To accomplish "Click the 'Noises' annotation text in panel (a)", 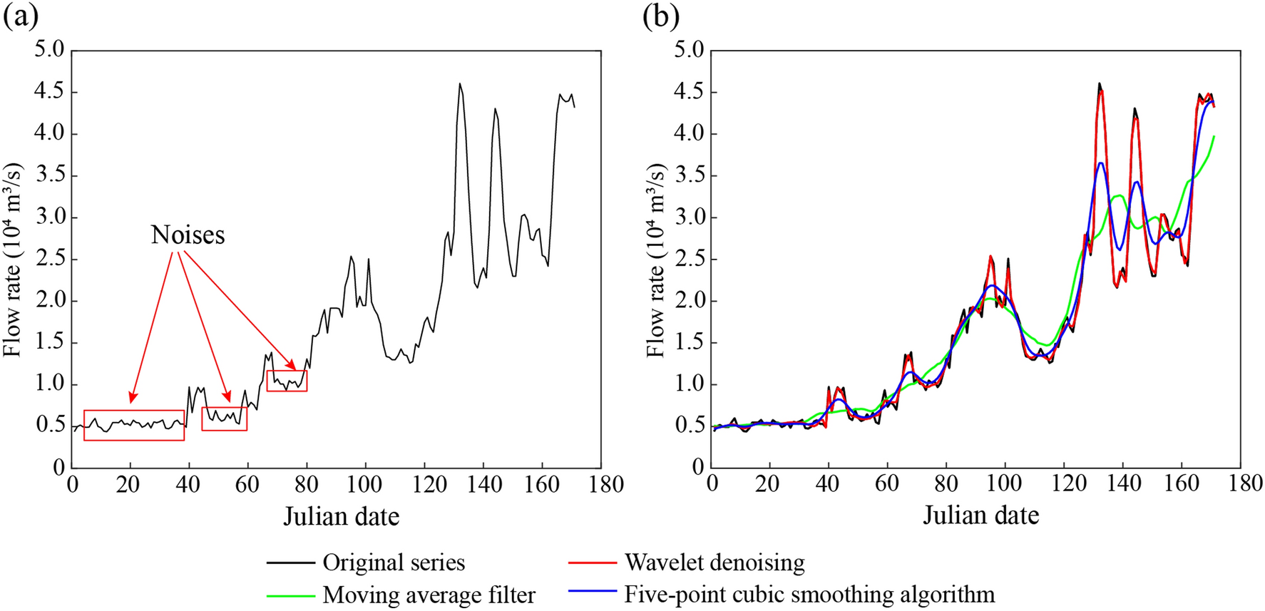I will click(x=188, y=235).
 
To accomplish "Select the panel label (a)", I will click(x=21, y=16).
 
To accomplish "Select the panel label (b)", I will click(x=660, y=16).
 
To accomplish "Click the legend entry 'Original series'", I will click(x=393, y=563).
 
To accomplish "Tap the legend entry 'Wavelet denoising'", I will click(x=714, y=563).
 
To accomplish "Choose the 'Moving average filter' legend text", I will click(x=428, y=595).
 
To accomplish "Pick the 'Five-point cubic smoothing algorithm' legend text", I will click(x=809, y=594).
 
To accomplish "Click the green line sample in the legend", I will click(x=291, y=595).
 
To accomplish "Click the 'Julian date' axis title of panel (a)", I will click(x=341, y=515).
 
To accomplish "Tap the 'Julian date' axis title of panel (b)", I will click(x=980, y=515).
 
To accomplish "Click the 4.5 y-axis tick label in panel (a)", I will click(x=48, y=91).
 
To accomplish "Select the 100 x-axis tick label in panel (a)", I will click(x=365, y=484).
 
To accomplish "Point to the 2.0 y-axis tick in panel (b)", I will click(x=689, y=300).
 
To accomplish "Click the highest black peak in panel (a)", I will click(x=460, y=84).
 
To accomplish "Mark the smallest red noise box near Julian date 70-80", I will click(x=287, y=381).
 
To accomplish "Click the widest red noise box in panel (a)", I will click(x=134, y=425).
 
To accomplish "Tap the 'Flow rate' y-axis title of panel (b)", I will click(x=655, y=260).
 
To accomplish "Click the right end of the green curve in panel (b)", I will click(x=1214, y=136).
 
